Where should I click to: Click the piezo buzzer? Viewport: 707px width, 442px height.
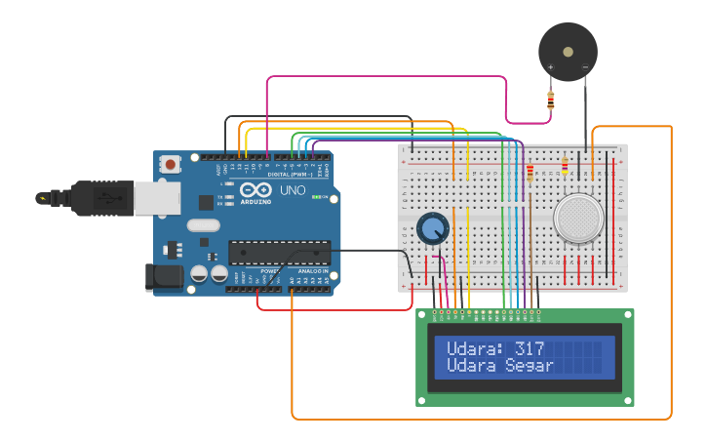click(568, 51)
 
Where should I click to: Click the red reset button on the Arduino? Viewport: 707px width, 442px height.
click(172, 165)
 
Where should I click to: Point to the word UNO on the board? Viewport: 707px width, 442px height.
click(293, 189)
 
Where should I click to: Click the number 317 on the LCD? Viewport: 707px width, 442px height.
click(530, 348)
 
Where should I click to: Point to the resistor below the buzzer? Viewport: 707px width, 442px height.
click(551, 100)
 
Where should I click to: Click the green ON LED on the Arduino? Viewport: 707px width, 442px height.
click(317, 197)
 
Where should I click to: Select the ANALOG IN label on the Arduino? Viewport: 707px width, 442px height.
click(312, 270)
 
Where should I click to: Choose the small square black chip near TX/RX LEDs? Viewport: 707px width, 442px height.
click(206, 202)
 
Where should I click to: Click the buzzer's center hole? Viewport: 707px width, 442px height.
click(568, 51)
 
